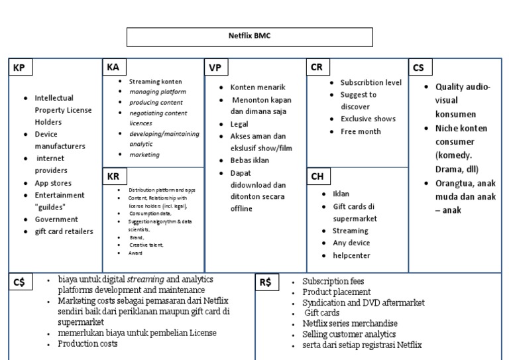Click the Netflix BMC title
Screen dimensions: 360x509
pyautogui.click(x=249, y=36)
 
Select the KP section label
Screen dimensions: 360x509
pyautogui.click(x=20, y=68)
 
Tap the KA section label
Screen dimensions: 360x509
pyautogui.click(x=113, y=68)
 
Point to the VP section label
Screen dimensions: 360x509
pyautogui.click(x=215, y=68)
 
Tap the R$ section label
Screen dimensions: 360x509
pyautogui.click(x=265, y=282)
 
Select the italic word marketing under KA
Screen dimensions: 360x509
pyautogui.click(x=144, y=154)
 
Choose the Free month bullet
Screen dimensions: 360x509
pyautogui.click(x=361, y=131)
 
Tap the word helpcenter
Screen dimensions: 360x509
pyautogui.click(x=351, y=255)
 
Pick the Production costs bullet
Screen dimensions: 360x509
pyautogui.click(x=87, y=343)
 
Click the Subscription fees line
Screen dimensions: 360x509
pyautogui.click(x=333, y=282)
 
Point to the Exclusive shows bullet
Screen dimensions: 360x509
pyautogui.click(x=368, y=119)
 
